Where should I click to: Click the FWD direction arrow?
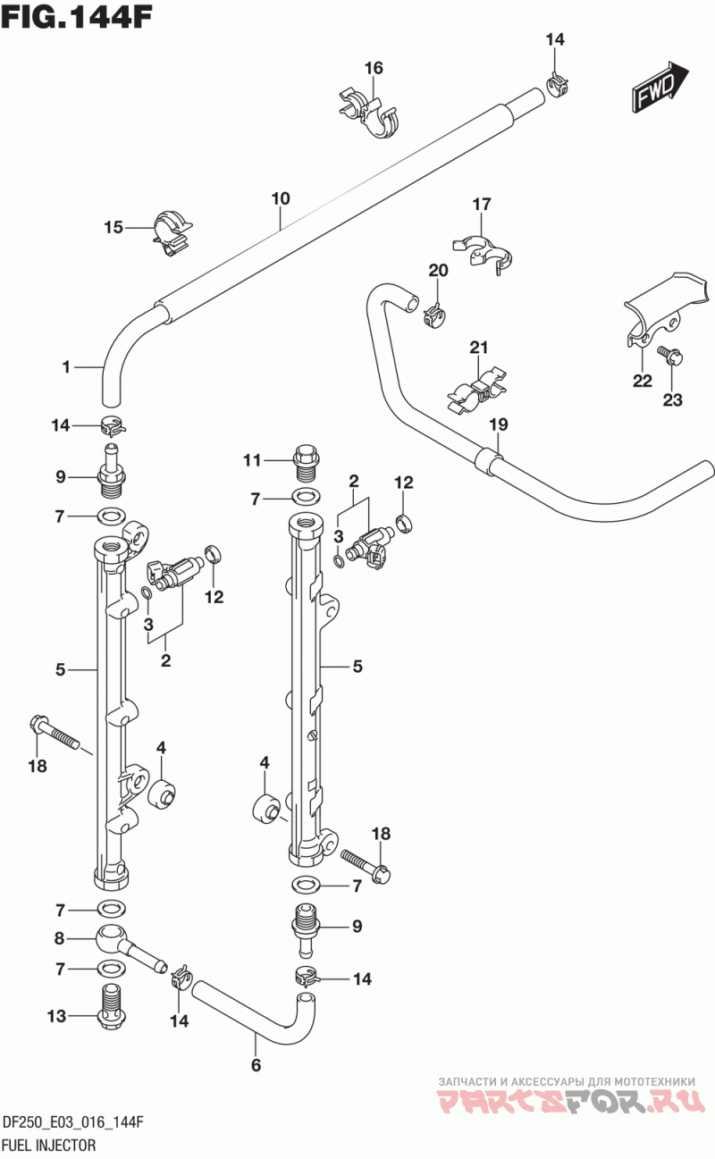pos(660,88)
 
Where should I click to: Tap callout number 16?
pos(374,68)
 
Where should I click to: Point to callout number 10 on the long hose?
pos(281,198)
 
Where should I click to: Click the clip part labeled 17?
pos(483,255)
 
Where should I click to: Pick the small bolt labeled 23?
pos(671,356)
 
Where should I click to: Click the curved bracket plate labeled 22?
pos(664,310)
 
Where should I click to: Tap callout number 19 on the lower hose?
pos(499,424)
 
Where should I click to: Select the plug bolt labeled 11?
pos(307,461)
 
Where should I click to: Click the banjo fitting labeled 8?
pos(130,945)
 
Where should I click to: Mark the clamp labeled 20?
pos(435,316)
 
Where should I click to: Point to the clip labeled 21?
pos(477,391)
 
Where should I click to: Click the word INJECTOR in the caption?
pos(67,1144)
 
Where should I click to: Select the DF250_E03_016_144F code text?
pos(73,1122)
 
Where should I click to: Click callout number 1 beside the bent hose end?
pos(66,367)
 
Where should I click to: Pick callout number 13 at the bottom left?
pos(57,1016)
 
